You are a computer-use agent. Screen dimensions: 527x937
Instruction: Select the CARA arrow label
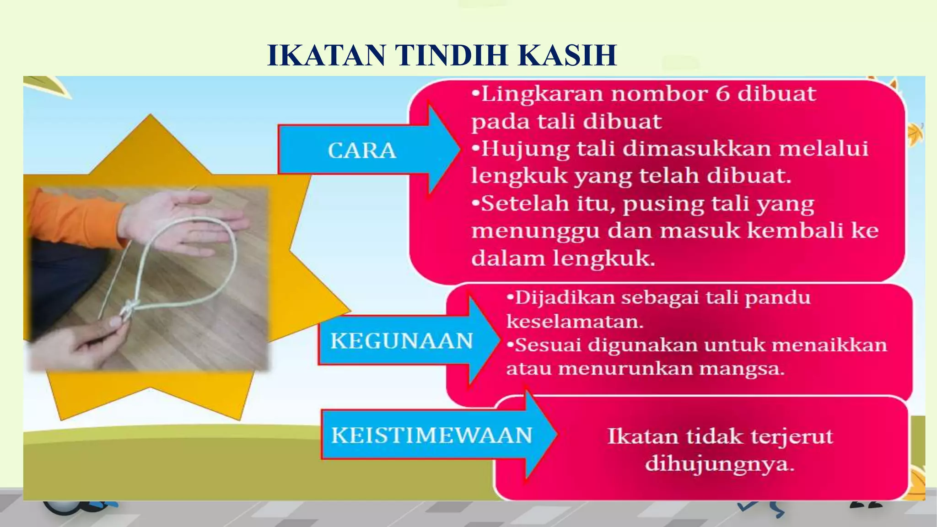(361, 151)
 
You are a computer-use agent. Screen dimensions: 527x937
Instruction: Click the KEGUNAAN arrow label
(401, 341)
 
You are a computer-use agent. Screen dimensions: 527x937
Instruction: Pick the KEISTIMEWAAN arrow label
(431, 435)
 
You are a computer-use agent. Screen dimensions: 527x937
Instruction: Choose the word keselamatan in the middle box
(575, 322)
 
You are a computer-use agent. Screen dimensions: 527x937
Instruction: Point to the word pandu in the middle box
(777, 298)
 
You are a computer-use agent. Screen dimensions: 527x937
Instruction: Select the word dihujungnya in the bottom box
(720, 464)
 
